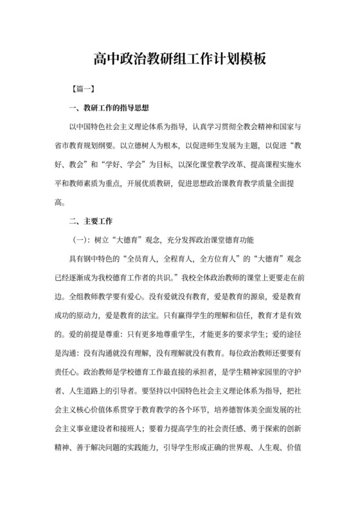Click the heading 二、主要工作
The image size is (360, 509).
90,222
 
